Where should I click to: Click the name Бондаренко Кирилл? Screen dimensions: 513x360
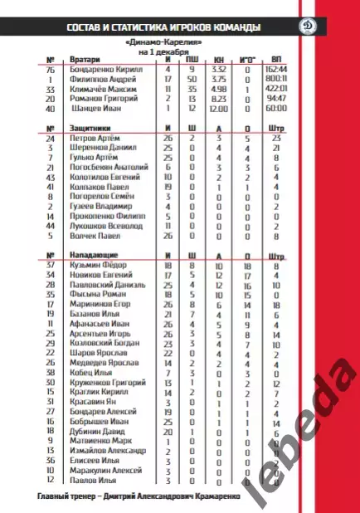pyautogui.click(x=107, y=70)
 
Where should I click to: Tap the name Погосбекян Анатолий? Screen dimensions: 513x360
pyautogui.click(x=110, y=167)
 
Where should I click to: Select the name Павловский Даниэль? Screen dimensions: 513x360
pyautogui.click(x=108, y=285)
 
